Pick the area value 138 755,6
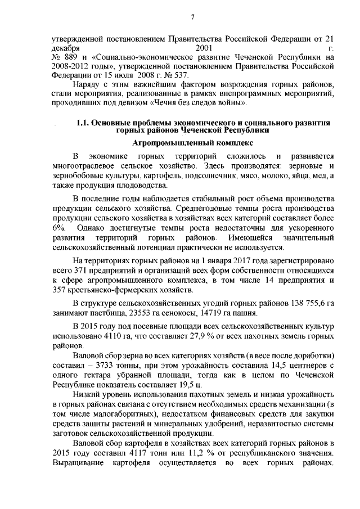[298, 304]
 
